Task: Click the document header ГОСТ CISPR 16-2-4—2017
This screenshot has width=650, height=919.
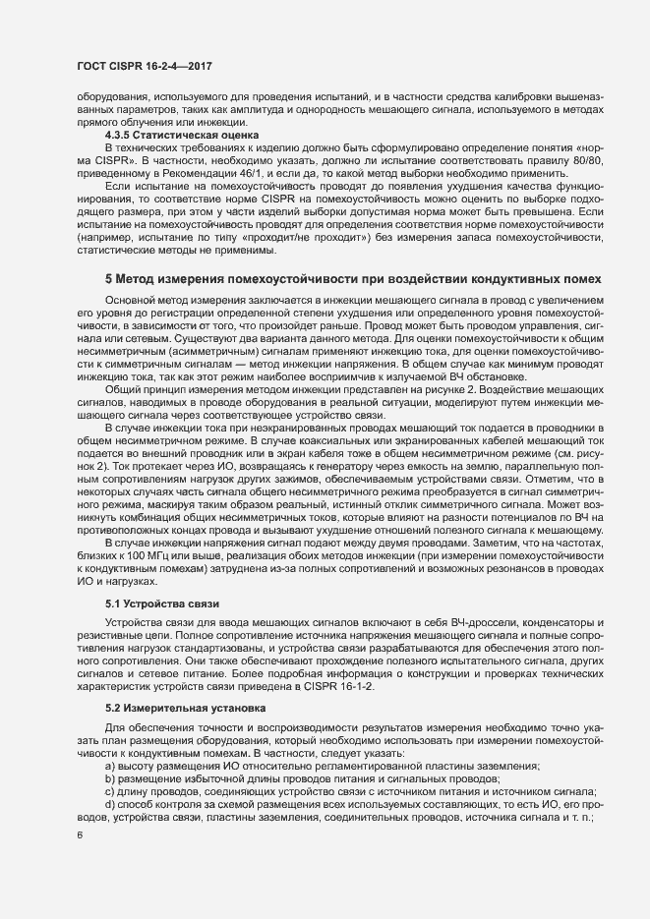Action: point(145,66)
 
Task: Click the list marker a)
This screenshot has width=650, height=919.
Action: point(110,764)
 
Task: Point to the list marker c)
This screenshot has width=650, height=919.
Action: point(110,792)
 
